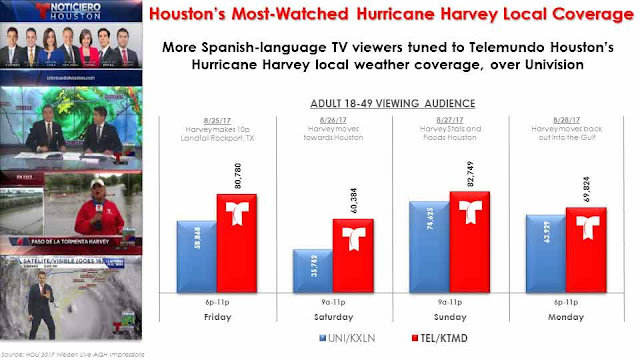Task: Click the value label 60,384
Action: [352, 196]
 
